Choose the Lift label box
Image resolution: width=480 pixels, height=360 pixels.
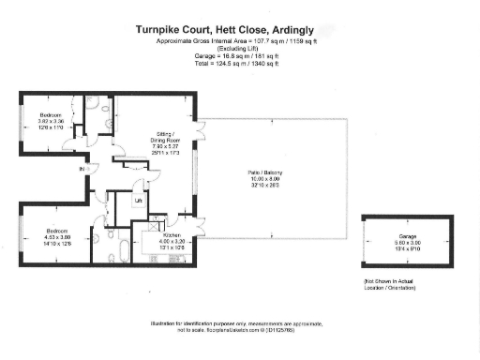point(138,201)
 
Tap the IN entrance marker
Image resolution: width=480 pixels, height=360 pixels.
point(82,169)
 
